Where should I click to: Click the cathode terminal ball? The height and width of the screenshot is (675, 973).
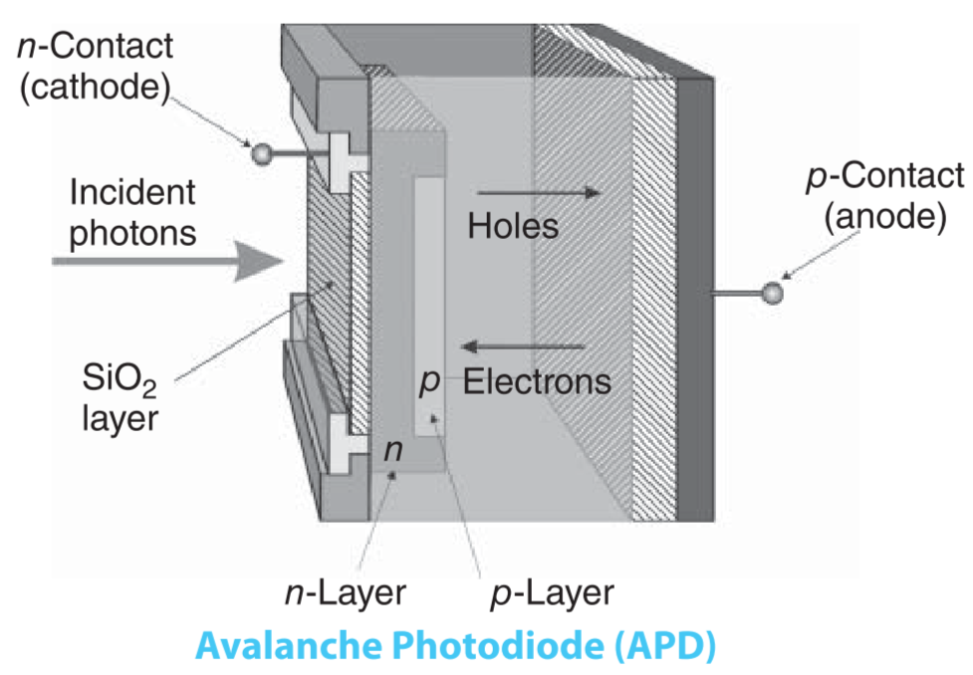[262, 153]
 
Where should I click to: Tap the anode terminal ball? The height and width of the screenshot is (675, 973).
[771, 293]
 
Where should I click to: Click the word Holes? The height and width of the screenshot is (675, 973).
[513, 227]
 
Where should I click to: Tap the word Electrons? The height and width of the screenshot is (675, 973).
[537, 382]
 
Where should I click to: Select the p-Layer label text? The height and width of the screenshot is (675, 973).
[554, 593]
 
